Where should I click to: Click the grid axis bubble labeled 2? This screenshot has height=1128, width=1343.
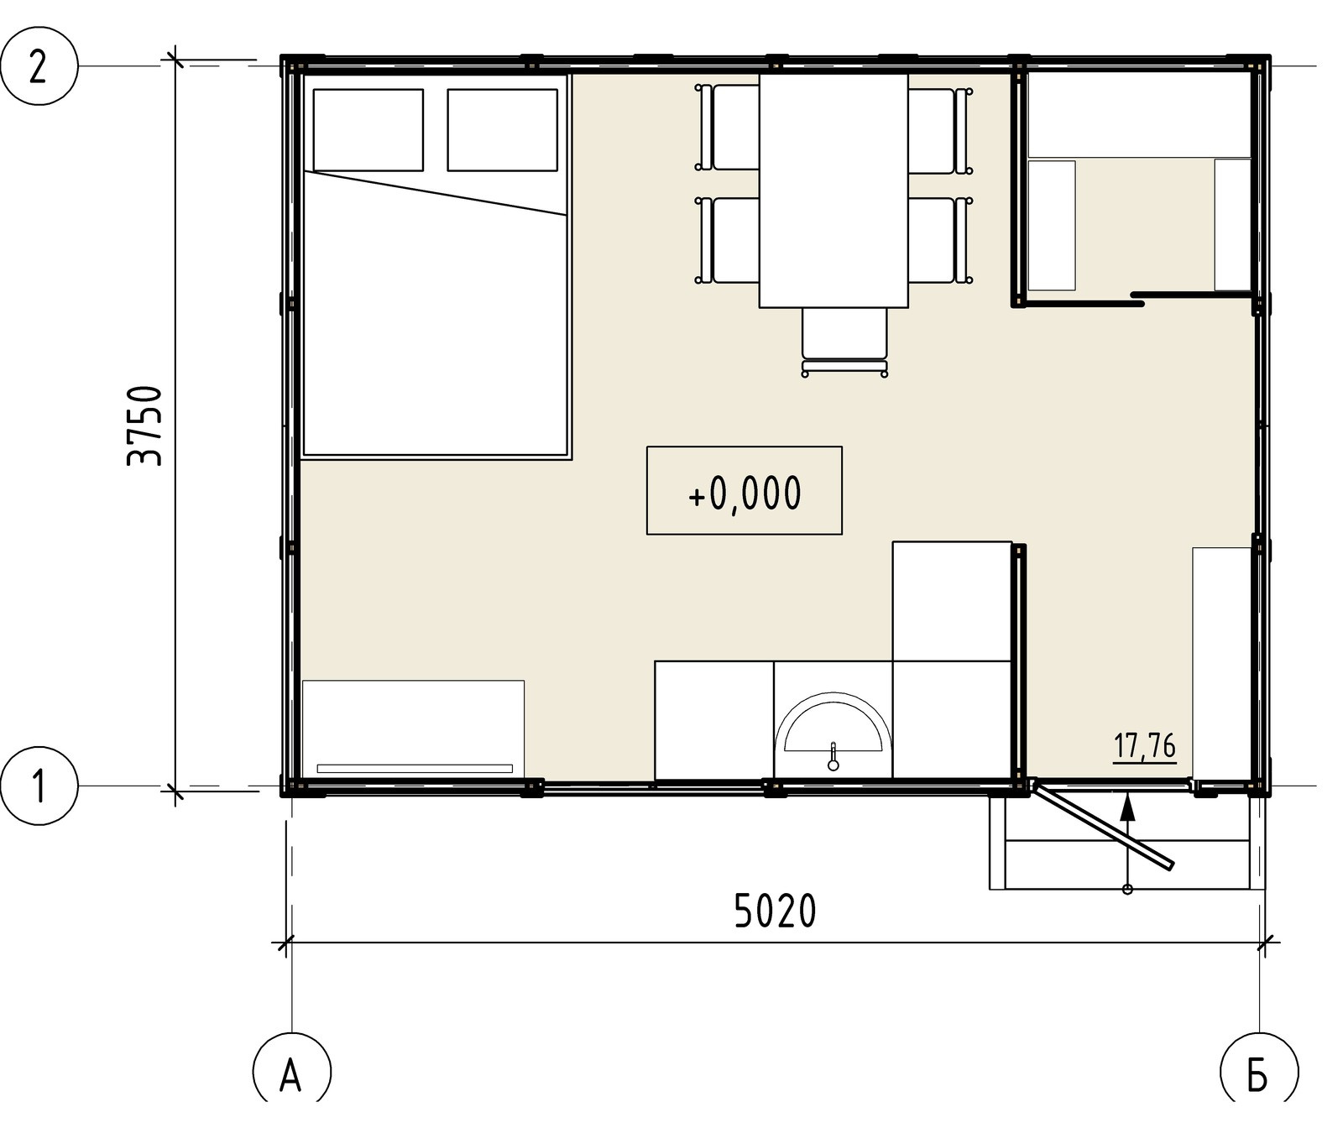tap(38, 66)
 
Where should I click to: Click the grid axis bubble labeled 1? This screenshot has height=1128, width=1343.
tap(38, 787)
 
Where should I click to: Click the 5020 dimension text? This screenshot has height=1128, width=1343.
tap(775, 911)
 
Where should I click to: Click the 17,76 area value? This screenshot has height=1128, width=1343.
tap(1145, 746)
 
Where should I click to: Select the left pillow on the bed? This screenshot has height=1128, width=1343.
tap(368, 130)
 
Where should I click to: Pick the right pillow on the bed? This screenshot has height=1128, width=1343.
tap(503, 130)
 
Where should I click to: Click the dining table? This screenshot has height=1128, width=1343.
tap(833, 191)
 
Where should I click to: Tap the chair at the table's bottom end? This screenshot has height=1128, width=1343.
tap(844, 341)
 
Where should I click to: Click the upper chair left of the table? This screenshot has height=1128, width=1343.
tap(728, 128)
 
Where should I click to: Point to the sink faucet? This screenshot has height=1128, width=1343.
tap(833, 756)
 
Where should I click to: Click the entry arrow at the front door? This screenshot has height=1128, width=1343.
tap(1128, 842)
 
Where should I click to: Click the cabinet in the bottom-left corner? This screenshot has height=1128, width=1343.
tap(413, 729)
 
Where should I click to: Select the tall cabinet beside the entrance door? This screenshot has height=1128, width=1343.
tap(1222, 663)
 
